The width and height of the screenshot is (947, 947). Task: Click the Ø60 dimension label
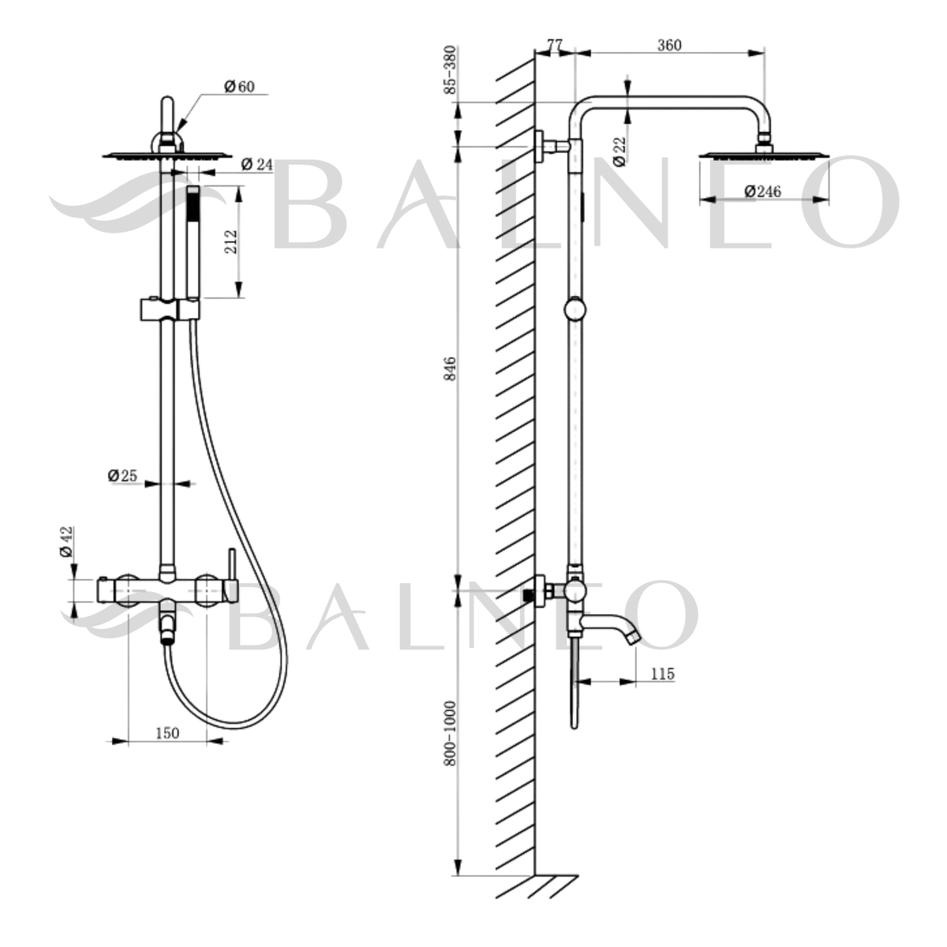239,87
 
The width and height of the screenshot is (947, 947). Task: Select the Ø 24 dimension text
256,164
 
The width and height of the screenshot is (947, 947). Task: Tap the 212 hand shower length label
230,241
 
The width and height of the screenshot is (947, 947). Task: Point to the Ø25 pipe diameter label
122,475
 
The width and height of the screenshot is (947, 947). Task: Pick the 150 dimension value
167,732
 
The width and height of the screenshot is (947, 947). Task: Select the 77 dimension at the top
555,46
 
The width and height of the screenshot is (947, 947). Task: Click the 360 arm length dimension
669,46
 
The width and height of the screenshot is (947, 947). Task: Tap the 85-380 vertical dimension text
451,71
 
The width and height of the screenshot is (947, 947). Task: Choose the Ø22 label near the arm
619,150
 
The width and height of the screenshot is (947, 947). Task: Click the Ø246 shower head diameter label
763,191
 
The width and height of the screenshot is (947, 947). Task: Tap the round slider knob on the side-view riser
576,309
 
